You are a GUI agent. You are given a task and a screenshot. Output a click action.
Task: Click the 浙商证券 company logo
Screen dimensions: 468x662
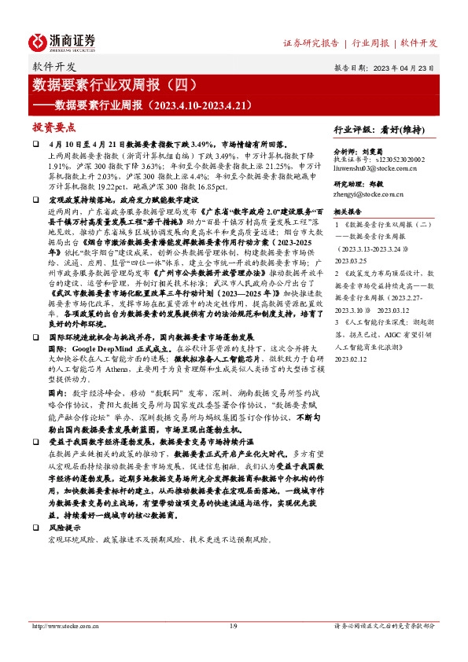[63, 41]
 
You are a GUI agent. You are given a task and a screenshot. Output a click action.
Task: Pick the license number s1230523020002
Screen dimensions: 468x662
[391, 159]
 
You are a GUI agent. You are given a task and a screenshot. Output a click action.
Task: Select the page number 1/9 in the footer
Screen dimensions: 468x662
[233, 626]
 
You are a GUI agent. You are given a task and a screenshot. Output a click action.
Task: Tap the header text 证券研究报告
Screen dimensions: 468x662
[312, 42]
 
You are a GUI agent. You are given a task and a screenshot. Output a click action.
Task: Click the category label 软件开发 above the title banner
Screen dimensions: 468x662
[55, 66]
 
